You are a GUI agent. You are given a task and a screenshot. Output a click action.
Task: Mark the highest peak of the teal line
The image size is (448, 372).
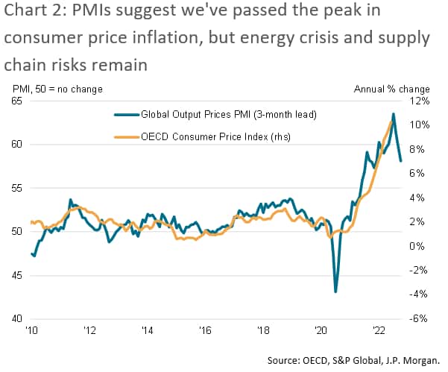click(393, 114)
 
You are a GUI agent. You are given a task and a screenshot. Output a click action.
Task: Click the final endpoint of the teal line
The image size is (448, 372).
click(401, 160)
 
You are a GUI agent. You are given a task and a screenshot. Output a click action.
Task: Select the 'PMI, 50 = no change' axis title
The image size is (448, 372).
click(57, 89)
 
